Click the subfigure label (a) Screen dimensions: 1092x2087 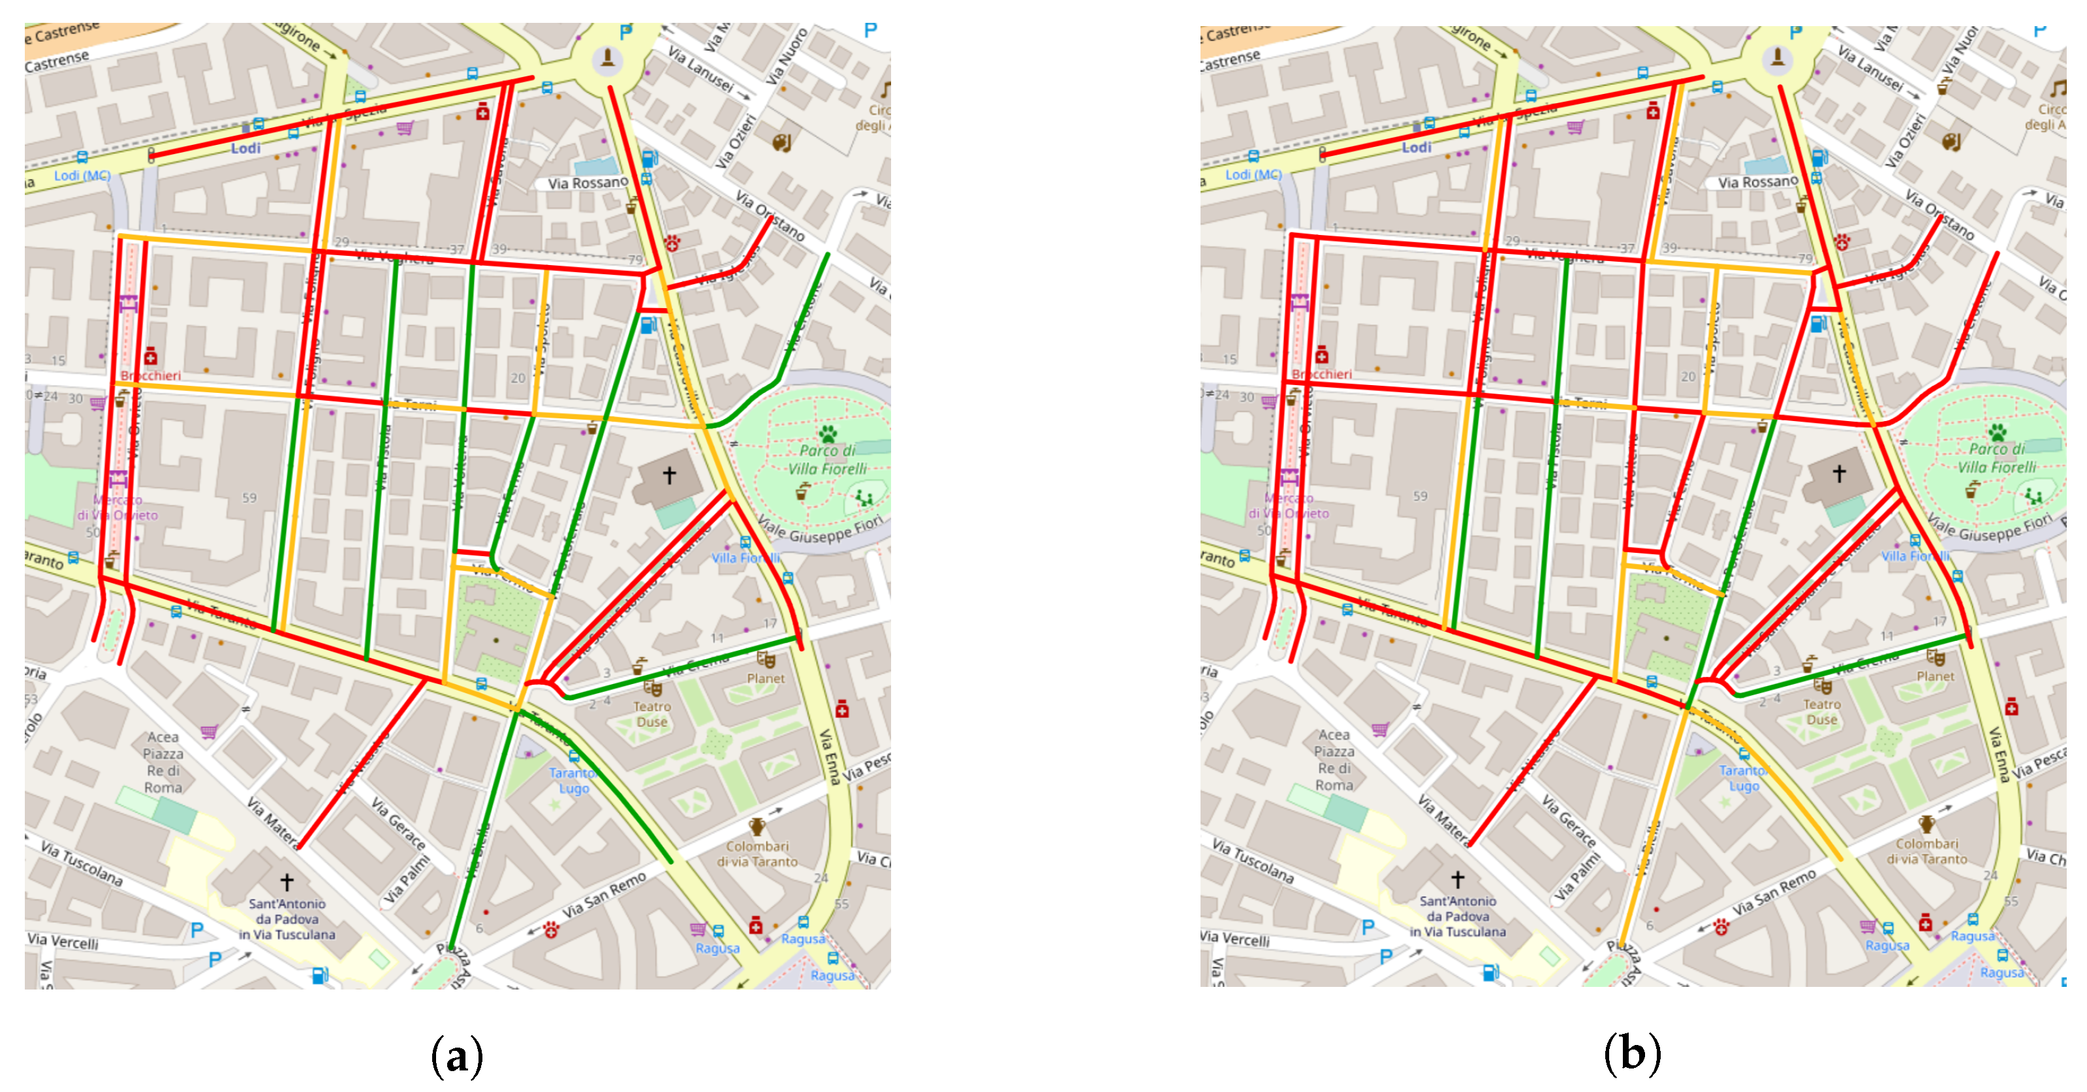[457, 1055]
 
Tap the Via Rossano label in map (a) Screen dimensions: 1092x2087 [588, 183]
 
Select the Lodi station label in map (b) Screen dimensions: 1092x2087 [1417, 148]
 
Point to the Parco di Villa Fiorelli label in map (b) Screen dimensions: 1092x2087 [1997, 458]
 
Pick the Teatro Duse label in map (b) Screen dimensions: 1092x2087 [1822, 712]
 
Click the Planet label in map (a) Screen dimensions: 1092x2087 [766, 679]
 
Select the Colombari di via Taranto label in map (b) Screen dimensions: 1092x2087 [1926, 851]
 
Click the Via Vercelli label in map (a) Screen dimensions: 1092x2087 [63, 941]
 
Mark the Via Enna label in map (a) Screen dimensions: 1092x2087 [829, 757]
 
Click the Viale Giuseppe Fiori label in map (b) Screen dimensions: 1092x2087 [1988, 528]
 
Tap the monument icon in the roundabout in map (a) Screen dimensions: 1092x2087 [607, 58]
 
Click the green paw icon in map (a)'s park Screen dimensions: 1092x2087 [827, 433]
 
